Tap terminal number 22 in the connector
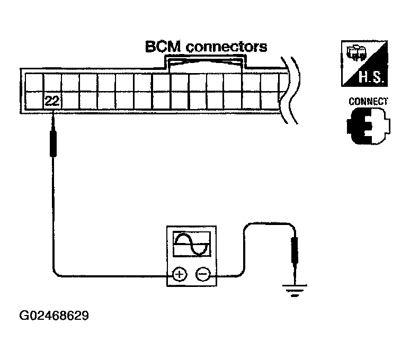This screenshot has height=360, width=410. (x=52, y=101)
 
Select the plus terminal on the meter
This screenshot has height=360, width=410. (x=180, y=274)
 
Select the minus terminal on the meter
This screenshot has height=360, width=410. (x=202, y=274)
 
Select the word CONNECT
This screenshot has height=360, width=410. (x=368, y=101)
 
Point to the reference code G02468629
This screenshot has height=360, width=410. (x=54, y=316)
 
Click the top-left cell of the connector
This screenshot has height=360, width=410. (x=34, y=82)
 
